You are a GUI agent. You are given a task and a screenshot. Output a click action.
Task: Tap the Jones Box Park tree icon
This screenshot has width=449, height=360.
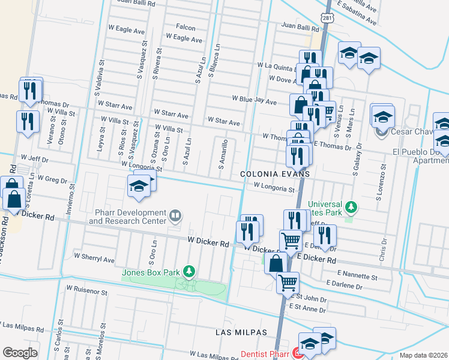(x=190, y=272)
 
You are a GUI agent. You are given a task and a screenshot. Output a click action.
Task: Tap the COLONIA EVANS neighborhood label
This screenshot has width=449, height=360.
(x=275, y=173)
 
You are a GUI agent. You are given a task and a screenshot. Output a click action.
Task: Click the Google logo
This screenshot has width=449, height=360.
(x=20, y=353)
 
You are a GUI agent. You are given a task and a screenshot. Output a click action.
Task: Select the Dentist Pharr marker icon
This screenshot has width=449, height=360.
(x=295, y=354)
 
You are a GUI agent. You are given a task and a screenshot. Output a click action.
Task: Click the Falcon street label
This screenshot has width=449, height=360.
(x=185, y=28)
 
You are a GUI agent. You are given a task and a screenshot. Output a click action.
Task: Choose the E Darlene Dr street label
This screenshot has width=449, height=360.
(x=345, y=287)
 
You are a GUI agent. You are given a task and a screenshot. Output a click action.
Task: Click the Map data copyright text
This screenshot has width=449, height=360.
(x=423, y=355)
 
